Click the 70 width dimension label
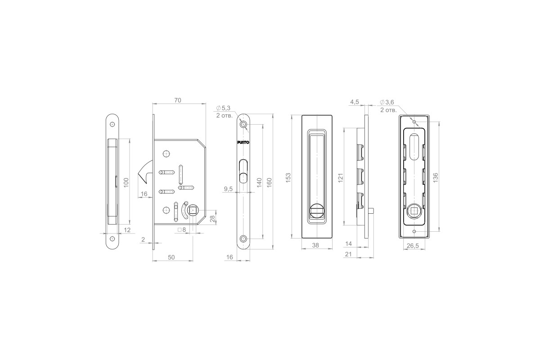coord(178,100)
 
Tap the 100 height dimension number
coord(126,182)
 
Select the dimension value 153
coord(288,178)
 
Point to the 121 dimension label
coord(340,178)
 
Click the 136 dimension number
coord(436,178)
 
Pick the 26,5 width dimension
coord(413,246)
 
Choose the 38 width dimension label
coord(315,245)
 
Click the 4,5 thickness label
coord(355,102)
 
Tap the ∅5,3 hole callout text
coord(223,108)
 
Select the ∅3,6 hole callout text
coord(387,102)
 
